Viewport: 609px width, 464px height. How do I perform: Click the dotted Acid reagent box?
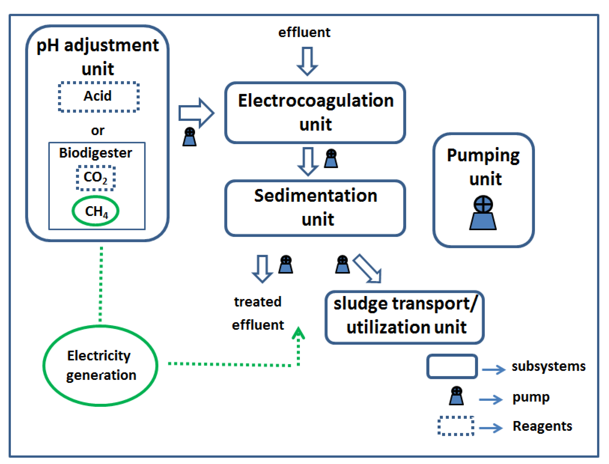(x=98, y=97)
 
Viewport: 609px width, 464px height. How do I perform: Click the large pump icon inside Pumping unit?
(x=483, y=213)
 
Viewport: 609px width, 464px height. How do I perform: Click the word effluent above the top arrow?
(x=304, y=33)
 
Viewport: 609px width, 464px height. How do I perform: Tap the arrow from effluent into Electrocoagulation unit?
(x=307, y=61)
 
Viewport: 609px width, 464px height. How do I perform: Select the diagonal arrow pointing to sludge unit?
(x=368, y=269)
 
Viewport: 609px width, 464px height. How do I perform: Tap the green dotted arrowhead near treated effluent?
(x=298, y=333)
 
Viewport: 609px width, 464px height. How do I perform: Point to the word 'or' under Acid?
(x=98, y=131)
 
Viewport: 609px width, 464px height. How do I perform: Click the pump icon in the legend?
(x=456, y=396)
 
